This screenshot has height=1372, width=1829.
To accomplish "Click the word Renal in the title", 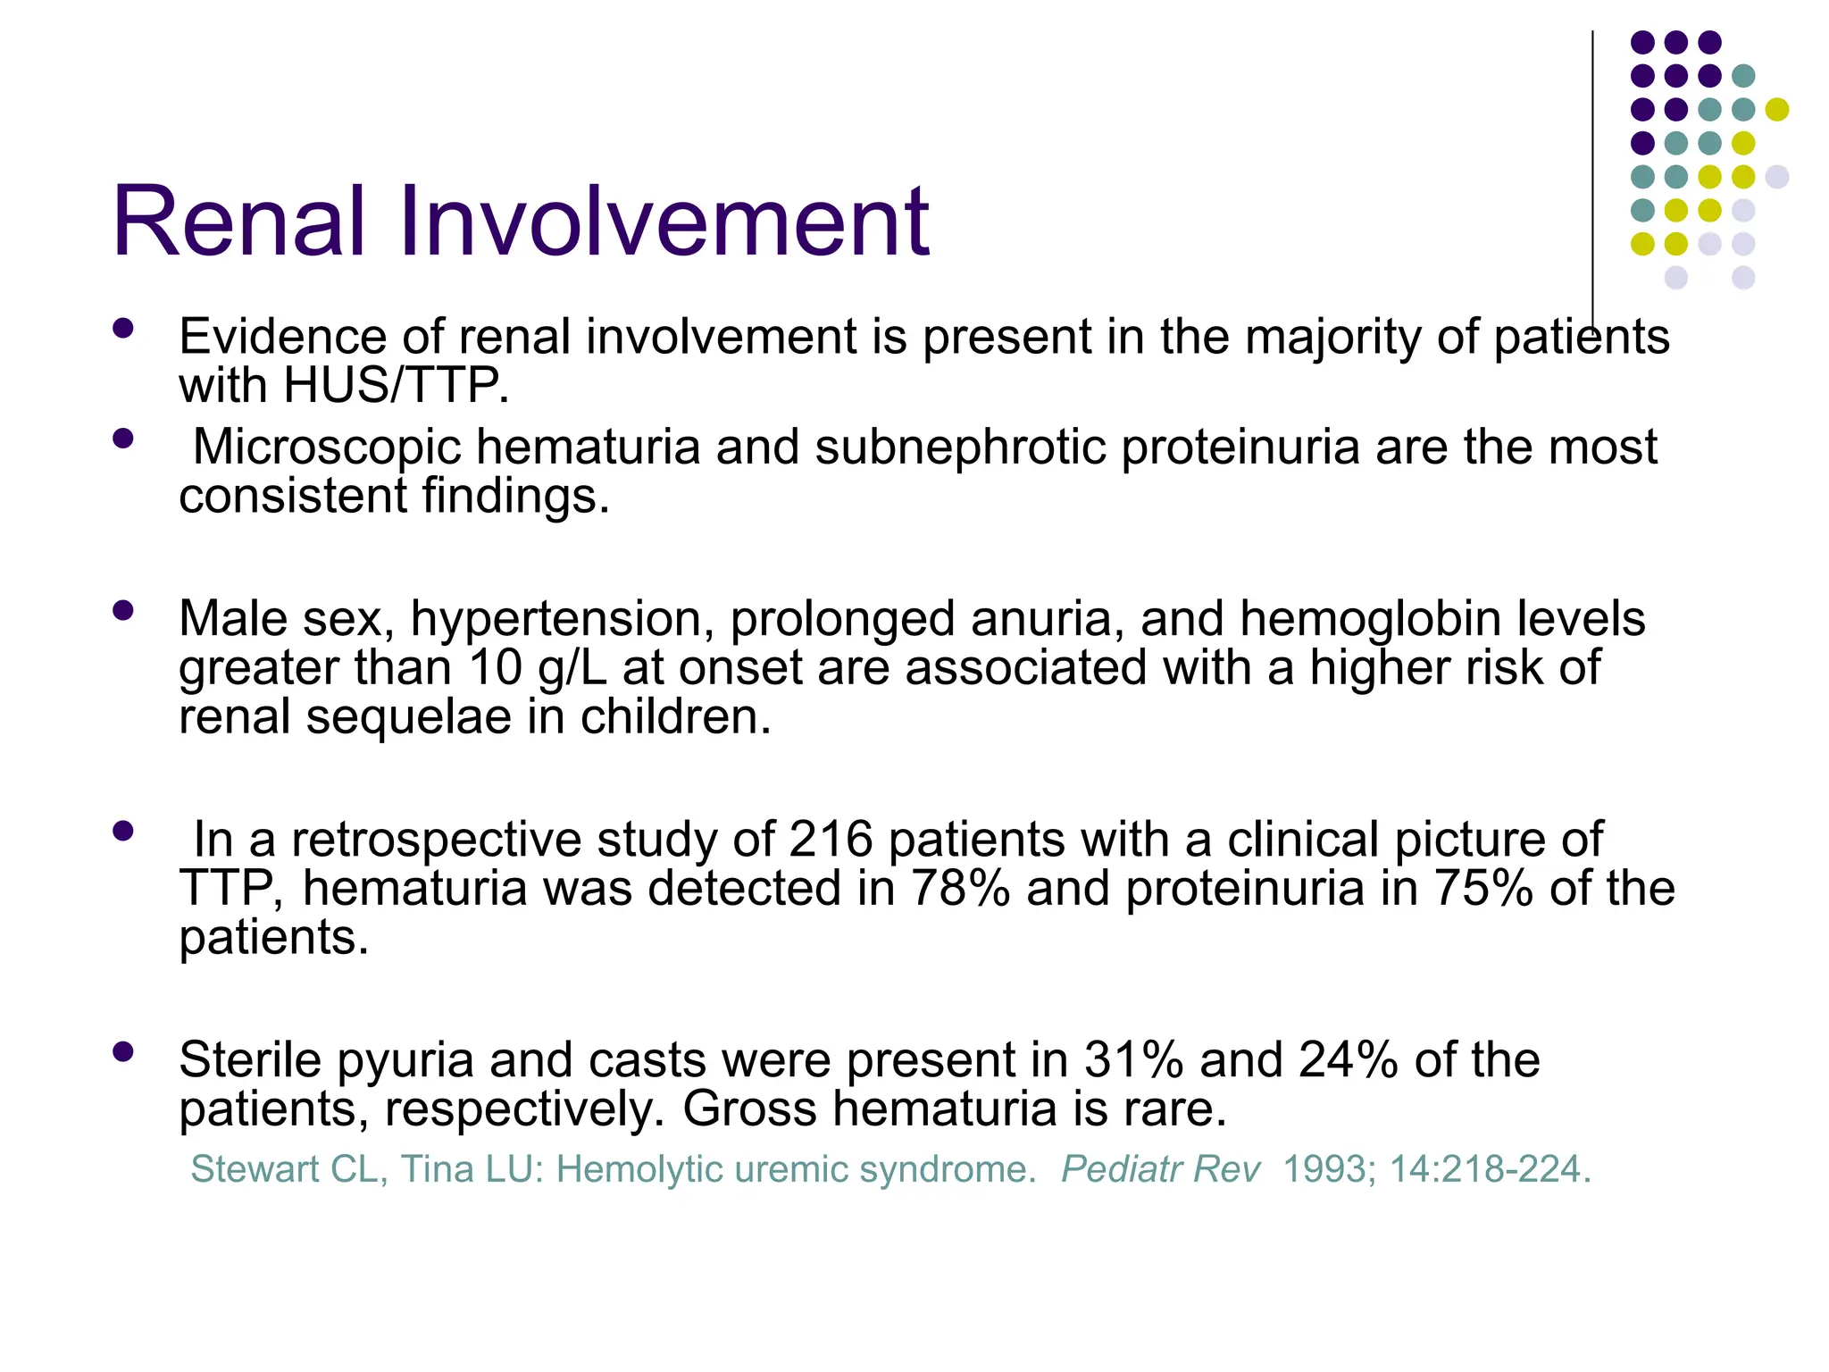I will (238, 222).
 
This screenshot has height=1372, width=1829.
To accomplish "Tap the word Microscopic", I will (327, 447).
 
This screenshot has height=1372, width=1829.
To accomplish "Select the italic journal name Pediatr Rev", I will (1161, 1169).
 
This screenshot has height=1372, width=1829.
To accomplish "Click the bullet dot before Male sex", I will (123, 611).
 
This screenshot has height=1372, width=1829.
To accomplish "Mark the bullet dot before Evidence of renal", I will (123, 329).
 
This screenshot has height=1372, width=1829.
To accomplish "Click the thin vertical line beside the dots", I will (1592, 179).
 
